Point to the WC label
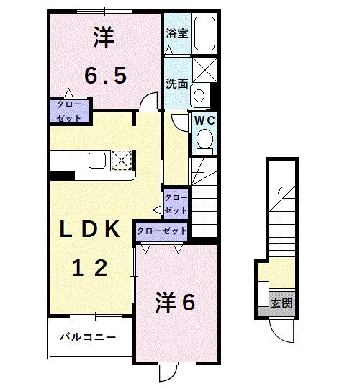[203, 120]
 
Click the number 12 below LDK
[90, 268]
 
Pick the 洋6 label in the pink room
[176, 303]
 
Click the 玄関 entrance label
[282, 303]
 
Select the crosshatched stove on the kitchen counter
[121, 158]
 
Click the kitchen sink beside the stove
[97, 159]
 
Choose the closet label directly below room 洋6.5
[70, 111]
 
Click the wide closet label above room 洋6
[161, 231]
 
